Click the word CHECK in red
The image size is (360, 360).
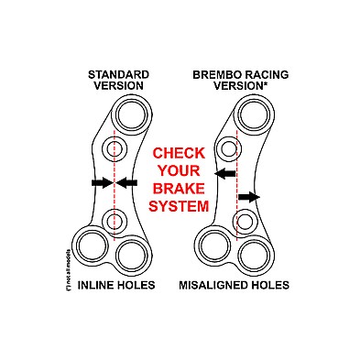180,153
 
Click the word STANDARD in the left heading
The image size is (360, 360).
116,73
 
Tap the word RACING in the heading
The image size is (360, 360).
259,73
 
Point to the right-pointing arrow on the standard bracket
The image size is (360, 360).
101,183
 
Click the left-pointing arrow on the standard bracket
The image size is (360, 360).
127,183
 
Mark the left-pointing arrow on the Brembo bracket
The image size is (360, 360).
224,172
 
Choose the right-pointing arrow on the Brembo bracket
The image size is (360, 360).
248,196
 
